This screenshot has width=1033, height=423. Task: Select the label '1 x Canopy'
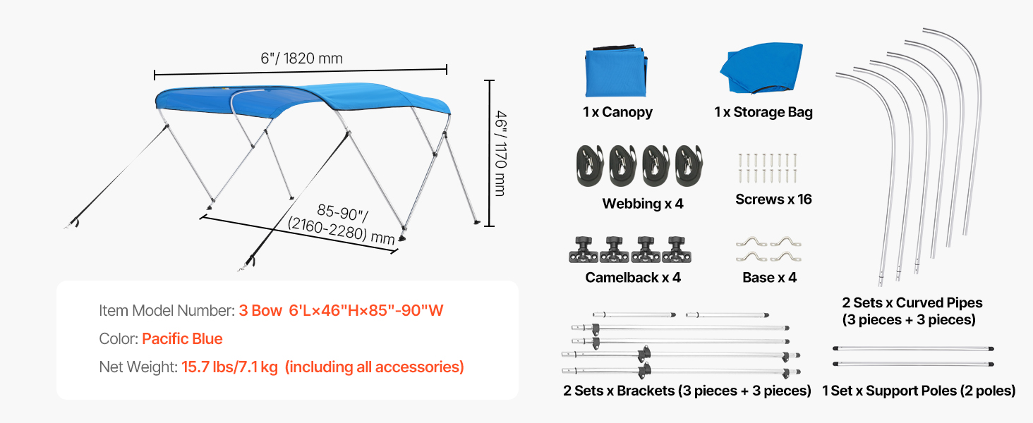617,112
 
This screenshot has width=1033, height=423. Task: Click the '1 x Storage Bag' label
763,112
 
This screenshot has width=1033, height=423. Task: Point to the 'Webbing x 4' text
643,204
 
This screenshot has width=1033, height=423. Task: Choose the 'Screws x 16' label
773,199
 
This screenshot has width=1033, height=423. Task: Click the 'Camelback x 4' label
633,277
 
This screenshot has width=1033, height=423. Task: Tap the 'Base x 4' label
769,277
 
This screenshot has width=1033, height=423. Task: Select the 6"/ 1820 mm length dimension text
301,58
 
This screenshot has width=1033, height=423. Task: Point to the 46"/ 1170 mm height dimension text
500,153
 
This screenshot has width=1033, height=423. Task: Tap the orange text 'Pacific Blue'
182,338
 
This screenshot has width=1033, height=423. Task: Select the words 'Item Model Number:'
167,310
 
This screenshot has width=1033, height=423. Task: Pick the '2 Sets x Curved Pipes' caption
912,302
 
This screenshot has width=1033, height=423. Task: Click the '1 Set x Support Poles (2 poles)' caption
919,391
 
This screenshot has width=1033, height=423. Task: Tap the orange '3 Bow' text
260,310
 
